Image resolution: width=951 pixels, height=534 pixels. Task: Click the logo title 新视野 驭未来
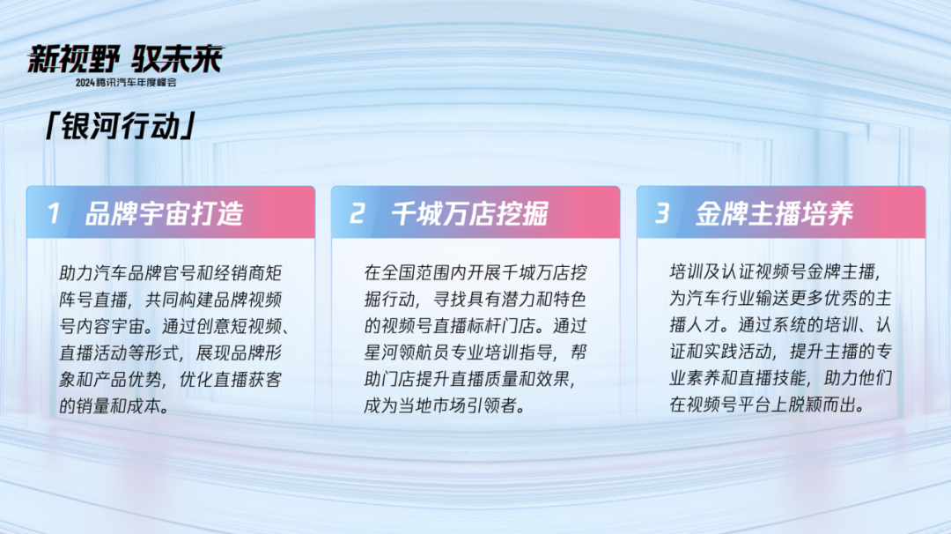tap(126, 59)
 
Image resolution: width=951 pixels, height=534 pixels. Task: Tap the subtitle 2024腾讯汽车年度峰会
tap(126, 83)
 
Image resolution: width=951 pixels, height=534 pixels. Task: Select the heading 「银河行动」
tap(120, 126)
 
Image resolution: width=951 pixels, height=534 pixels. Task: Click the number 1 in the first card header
tap(54, 213)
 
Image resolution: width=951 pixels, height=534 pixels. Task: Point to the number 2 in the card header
tap(358, 213)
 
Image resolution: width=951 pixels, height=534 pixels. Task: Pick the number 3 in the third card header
tap(662, 213)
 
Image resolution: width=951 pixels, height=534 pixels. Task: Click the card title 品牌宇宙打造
tap(164, 213)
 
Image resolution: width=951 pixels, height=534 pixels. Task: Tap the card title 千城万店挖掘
tap(469, 213)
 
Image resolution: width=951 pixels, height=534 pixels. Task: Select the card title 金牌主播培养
tap(775, 213)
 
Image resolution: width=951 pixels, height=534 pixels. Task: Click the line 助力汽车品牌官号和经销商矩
tap(171, 273)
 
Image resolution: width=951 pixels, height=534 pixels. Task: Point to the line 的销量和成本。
tap(114, 406)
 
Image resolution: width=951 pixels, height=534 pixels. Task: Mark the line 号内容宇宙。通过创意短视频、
tap(174, 326)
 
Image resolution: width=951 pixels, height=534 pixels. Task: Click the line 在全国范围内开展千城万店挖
tap(475, 272)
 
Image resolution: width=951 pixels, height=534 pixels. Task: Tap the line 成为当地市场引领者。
tap(445, 405)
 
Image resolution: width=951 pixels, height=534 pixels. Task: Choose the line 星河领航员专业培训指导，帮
tap(475, 352)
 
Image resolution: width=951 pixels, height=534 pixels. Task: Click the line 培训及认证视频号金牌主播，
tap(776, 271)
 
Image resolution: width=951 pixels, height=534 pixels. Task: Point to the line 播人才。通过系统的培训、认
tap(780, 324)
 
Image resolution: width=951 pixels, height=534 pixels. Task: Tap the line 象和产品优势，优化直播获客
tap(171, 379)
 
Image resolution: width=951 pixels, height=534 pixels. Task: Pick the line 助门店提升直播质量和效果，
tap(470, 379)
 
